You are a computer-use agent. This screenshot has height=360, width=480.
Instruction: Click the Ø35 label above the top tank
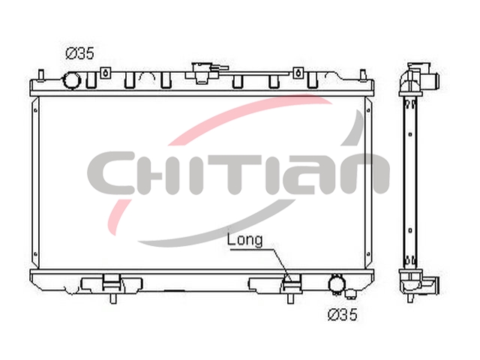tap(80, 54)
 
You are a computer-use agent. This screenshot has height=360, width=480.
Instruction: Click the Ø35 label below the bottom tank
tap(343, 314)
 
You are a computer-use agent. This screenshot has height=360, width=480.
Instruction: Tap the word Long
tap(245, 240)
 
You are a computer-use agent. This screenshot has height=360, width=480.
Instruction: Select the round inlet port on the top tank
tap(72, 80)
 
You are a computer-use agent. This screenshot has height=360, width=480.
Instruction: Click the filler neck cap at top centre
tap(200, 73)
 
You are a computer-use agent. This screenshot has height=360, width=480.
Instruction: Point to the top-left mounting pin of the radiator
tap(41, 75)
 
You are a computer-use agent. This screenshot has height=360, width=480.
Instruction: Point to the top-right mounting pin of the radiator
tap(363, 75)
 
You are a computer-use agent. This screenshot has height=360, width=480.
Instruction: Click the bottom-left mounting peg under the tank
tap(113, 298)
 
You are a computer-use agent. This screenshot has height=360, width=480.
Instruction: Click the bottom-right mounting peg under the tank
tap(290, 298)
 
